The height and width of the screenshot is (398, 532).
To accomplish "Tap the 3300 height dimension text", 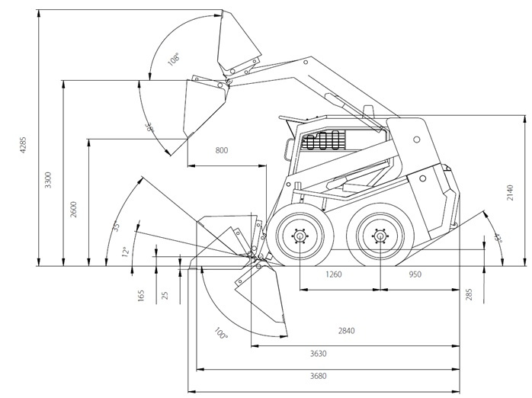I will [48, 181].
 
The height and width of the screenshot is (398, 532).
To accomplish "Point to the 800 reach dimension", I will [221, 150].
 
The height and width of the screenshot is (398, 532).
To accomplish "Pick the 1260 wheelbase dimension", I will [333, 274].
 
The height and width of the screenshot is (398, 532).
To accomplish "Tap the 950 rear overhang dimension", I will [415, 274].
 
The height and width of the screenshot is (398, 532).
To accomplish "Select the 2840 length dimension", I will [347, 331].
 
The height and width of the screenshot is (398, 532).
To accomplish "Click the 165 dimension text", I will [141, 295].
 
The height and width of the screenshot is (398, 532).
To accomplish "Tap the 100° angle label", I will [220, 334].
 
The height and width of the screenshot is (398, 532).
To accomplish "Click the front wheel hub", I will [299, 236].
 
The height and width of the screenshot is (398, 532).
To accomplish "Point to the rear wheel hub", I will [379, 236].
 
